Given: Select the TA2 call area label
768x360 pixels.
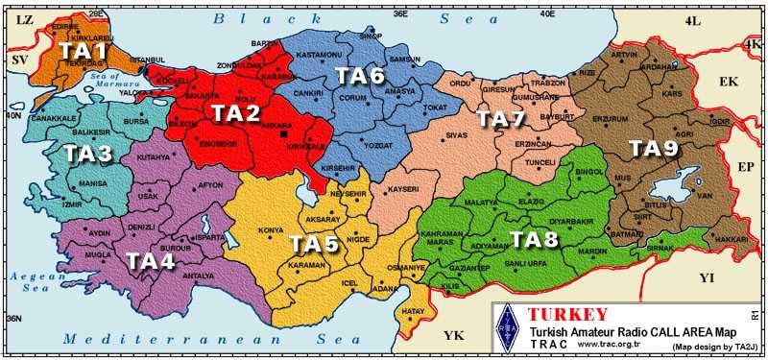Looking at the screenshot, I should coord(236,113).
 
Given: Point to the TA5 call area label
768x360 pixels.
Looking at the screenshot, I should coord(314,244).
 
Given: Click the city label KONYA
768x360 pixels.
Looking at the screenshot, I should coord(272,230).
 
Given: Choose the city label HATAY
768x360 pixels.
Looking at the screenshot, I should coord(413,311).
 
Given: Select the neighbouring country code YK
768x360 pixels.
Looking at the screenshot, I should coord(452,334).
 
